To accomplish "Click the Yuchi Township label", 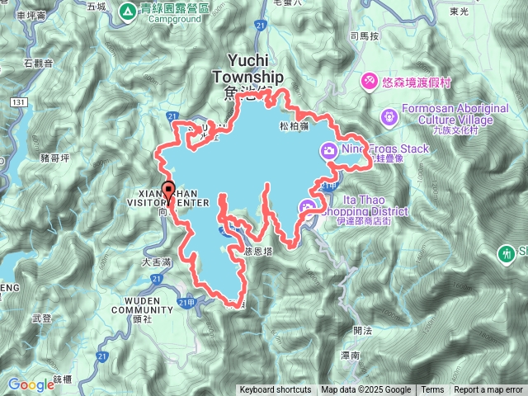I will (x=247, y=68).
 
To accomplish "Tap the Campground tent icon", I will (x=128, y=11).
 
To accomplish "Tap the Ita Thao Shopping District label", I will (x=375, y=204).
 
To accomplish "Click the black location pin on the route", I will (x=168, y=191).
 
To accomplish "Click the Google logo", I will (x=31, y=384).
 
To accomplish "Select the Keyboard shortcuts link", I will (x=276, y=390).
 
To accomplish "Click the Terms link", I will (x=432, y=390).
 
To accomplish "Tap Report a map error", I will (x=488, y=390).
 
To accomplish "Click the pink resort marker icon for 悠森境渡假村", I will (x=369, y=80).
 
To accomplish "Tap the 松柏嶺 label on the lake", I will (x=294, y=126).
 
